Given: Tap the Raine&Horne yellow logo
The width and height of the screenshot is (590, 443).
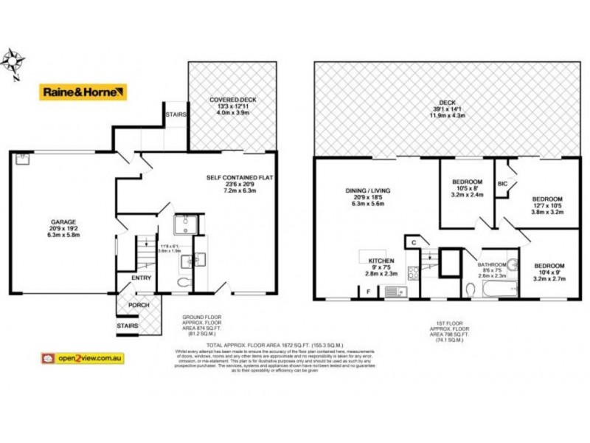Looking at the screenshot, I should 83,92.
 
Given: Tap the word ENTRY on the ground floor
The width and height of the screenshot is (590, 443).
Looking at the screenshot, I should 142,278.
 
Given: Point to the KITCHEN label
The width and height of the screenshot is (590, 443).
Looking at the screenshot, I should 381,261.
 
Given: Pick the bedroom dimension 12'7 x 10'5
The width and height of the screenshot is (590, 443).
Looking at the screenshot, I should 547,207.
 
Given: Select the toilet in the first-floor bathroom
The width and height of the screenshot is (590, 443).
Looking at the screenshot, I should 471,289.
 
